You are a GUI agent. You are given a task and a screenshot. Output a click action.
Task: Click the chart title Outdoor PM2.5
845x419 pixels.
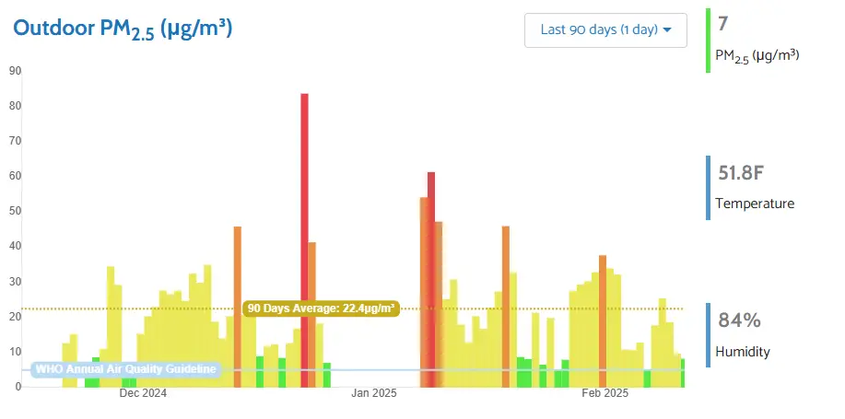(x=122, y=29)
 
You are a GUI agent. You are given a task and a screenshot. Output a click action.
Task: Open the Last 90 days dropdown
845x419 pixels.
(x=605, y=29)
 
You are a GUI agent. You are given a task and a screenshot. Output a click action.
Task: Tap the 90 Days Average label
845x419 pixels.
(x=322, y=308)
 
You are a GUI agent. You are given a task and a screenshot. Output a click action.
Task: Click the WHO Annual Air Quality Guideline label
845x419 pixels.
(x=126, y=370)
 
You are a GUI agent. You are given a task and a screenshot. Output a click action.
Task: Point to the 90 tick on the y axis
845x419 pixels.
(x=15, y=71)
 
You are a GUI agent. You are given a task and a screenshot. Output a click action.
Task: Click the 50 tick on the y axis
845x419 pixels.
(x=15, y=211)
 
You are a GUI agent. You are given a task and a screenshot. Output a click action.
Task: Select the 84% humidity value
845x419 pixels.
(x=739, y=320)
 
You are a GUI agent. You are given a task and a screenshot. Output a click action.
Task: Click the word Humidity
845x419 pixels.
(x=743, y=352)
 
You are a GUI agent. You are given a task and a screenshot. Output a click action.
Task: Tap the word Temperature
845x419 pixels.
(x=755, y=204)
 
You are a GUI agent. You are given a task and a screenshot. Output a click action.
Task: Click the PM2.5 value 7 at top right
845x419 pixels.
(x=722, y=23)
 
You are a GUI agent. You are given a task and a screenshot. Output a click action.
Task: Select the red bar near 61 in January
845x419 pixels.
(x=430, y=276)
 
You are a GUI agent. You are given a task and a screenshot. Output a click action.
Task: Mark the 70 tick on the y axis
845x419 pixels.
(x=15, y=141)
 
